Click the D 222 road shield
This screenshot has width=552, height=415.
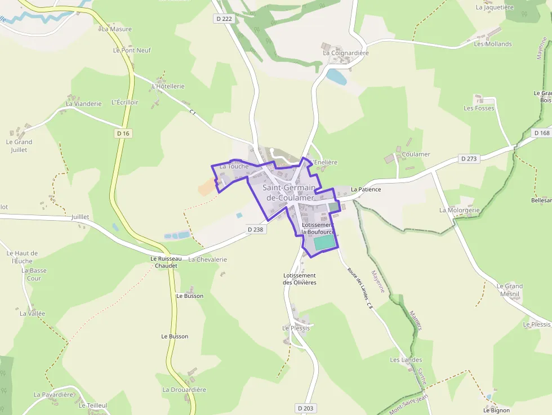click(x=224, y=19)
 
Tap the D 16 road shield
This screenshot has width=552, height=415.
click(x=122, y=133)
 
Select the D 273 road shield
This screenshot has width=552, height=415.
click(x=468, y=159)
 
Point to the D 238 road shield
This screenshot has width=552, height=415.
click(x=255, y=229)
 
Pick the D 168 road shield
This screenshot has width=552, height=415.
click(x=541, y=133)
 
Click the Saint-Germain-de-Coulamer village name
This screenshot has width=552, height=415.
click(x=289, y=192)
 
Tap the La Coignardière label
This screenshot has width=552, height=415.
click(x=345, y=53)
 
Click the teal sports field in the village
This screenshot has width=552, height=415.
click(x=324, y=243)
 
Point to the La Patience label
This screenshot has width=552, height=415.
click(x=366, y=189)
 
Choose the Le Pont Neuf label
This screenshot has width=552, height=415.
click(x=132, y=50)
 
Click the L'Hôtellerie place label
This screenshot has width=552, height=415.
click(x=168, y=86)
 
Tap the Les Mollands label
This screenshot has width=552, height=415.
click(x=492, y=44)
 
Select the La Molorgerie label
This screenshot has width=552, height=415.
click(x=459, y=210)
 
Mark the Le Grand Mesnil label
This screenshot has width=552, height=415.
click(x=509, y=289)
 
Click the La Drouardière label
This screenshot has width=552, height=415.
click(x=184, y=390)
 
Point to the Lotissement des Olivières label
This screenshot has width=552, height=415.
click(x=299, y=279)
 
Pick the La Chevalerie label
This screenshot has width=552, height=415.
click(x=207, y=260)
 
